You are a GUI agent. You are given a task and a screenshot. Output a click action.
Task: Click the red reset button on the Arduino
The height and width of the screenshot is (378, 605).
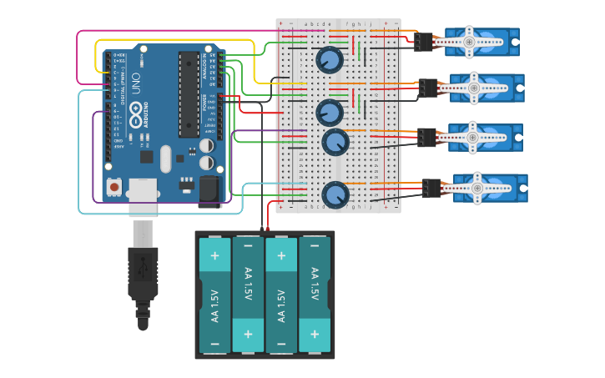pos(113,187)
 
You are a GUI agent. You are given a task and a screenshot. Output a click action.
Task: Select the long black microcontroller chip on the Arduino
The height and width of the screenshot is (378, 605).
pos(189,93)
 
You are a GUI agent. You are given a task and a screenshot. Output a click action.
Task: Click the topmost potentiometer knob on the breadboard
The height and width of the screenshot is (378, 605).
pos(329,59)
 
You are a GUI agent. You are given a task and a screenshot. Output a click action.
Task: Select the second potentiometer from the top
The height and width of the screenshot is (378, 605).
pos(330,112)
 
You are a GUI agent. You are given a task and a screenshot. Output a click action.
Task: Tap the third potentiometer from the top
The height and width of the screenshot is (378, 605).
pos(335,141)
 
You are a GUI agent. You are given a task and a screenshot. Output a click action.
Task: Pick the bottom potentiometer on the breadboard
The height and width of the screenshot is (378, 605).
pos(335,194)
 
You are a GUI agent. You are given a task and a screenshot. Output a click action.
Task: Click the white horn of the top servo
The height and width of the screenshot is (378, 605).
pos(469,42)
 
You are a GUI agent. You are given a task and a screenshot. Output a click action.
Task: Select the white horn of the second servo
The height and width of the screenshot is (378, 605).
pos(474,87)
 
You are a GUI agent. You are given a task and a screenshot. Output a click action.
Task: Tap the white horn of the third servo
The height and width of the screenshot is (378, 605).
pos(472,136)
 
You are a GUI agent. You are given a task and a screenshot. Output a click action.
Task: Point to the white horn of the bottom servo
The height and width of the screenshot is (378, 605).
pos(477,189)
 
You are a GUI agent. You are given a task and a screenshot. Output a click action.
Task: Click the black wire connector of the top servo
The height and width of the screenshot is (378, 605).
pos(424,42)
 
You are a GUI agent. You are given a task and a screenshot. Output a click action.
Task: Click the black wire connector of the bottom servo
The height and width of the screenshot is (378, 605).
pos(431,189)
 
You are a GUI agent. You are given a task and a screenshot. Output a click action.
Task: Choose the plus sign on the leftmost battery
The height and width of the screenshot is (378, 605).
pos(214,254)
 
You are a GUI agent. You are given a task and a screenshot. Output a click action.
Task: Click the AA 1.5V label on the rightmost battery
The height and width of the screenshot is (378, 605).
pos(315,284)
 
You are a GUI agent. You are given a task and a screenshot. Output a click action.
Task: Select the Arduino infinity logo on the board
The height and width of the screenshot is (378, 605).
pos(138,114)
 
